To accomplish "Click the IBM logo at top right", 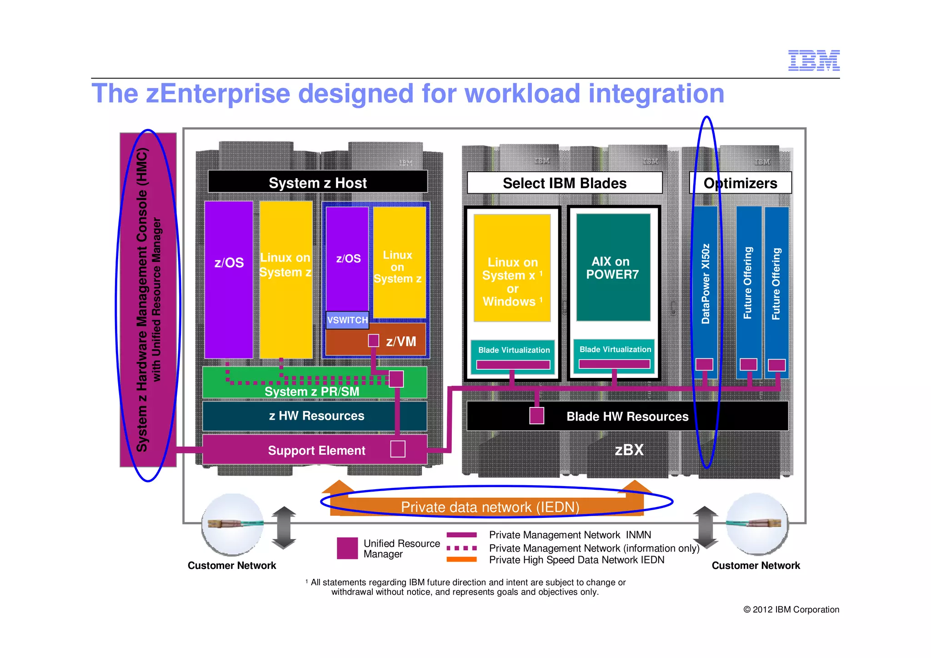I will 813,60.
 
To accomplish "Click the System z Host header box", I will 317,182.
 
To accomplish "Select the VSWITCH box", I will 347,320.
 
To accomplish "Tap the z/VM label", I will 401,342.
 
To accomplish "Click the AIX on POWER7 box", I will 613,268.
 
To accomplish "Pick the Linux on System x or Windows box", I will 512,282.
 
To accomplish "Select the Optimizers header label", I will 740,183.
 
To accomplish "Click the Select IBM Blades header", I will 564,183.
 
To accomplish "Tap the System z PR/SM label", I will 312,392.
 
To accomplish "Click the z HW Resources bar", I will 316,416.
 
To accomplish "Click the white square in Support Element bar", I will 398,449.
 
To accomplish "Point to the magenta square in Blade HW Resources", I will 536,416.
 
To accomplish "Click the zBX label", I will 629,450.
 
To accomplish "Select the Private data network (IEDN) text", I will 490,507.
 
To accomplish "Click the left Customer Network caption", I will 232,565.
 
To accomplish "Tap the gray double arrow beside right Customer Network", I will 705,527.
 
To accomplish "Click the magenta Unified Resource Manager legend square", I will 347,548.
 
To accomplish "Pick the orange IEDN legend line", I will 461,560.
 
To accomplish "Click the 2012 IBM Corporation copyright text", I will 791,609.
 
